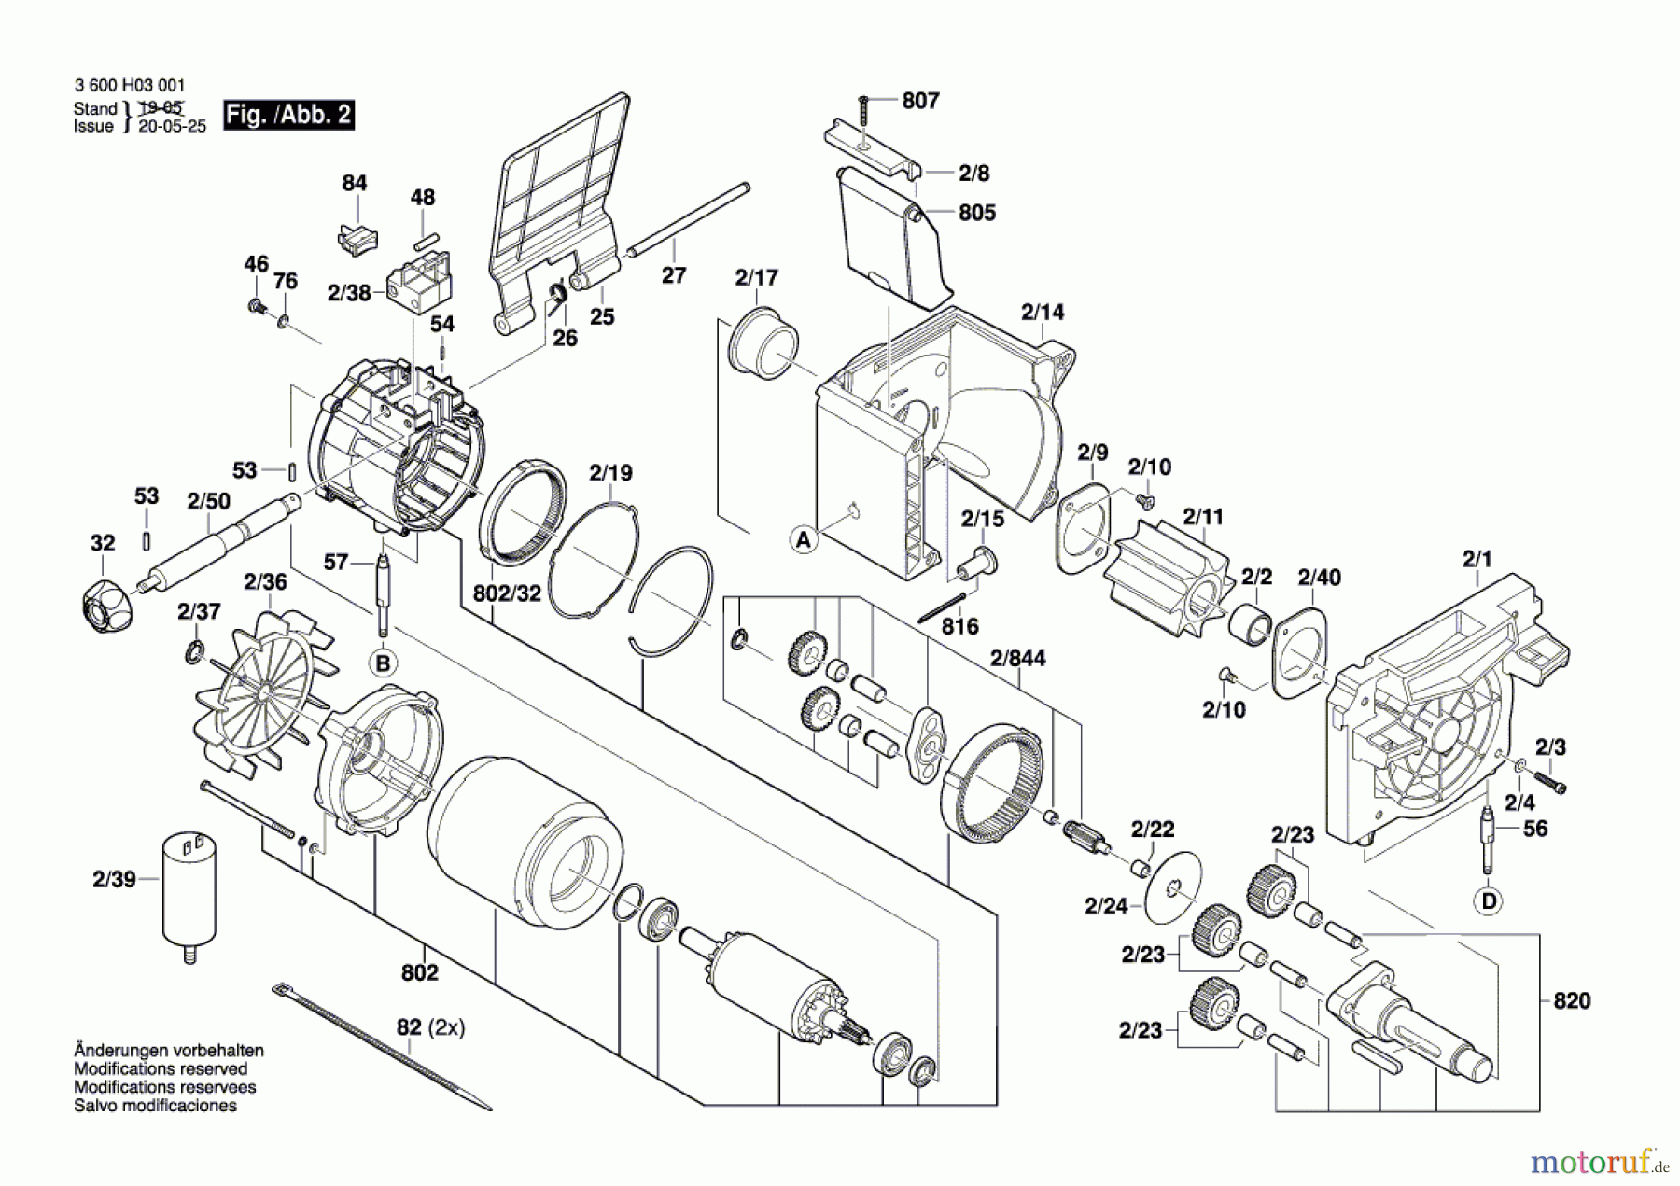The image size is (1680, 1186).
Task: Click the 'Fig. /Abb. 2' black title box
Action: pyautogui.click(x=288, y=115)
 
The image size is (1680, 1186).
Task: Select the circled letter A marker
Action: pyautogui.click(x=803, y=539)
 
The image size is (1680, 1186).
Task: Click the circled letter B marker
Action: pyautogui.click(x=383, y=663)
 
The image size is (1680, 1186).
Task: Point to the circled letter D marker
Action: pyautogui.click(x=1489, y=901)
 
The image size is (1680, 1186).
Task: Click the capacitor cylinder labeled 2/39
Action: pyautogui.click(x=189, y=892)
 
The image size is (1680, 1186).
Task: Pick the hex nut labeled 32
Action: pyautogui.click(x=106, y=598)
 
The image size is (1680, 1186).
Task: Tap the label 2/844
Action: pyautogui.click(x=1017, y=659)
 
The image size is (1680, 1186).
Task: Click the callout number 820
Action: pyautogui.click(x=1571, y=1001)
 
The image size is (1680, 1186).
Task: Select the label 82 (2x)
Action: pyautogui.click(x=430, y=1028)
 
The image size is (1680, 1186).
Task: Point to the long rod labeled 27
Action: pyautogui.click(x=691, y=219)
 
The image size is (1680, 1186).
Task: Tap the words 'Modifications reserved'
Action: pyautogui.click(x=161, y=1069)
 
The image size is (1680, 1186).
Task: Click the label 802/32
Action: pyautogui.click(x=507, y=593)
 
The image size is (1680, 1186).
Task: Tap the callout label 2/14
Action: pyautogui.click(x=1042, y=313)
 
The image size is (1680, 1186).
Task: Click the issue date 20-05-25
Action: pyautogui.click(x=172, y=127)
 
